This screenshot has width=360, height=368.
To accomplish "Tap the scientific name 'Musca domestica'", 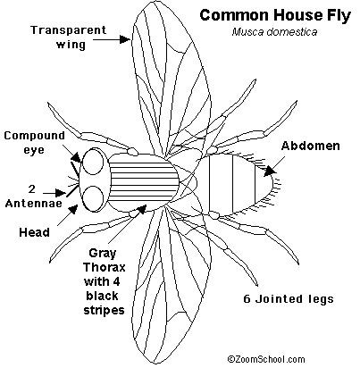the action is [x=274, y=32].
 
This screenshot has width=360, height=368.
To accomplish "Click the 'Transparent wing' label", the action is [x=69, y=38].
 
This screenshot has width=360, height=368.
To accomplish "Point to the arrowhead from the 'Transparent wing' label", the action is [x=125, y=39].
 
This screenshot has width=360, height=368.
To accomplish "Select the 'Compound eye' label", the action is [x=34, y=142].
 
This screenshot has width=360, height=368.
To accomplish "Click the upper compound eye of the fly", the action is [x=93, y=163].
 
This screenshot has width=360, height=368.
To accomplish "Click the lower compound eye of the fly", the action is [x=93, y=198].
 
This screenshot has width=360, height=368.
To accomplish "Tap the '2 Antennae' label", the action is [x=33, y=196].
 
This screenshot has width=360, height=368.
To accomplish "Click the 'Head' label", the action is [x=34, y=232].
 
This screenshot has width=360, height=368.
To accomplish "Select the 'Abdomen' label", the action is [x=311, y=146].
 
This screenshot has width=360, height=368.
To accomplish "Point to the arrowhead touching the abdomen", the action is [x=269, y=171].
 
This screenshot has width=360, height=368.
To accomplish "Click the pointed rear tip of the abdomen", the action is [x=273, y=182].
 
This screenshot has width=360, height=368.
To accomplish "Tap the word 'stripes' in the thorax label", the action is [x=104, y=310].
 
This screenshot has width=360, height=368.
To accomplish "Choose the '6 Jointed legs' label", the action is [x=289, y=298].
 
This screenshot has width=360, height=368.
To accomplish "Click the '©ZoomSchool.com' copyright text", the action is [x=266, y=359].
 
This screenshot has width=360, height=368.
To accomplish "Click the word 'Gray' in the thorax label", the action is [x=103, y=254].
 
